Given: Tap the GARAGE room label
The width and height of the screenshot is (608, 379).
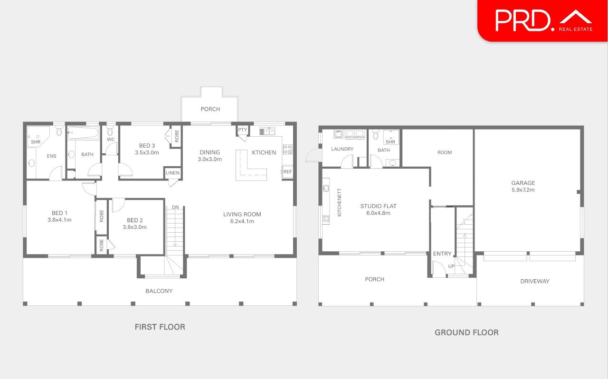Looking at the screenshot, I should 523,183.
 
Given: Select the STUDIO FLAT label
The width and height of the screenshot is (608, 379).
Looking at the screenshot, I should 378,206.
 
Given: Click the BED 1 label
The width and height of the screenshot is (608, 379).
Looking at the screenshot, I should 59,213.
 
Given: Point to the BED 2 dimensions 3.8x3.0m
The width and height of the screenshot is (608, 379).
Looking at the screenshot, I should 135,227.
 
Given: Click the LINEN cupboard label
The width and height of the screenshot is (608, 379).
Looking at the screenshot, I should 173,173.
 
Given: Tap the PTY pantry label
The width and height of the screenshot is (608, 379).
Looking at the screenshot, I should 242,130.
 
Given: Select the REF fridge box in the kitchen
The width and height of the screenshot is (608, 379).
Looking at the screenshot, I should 287,172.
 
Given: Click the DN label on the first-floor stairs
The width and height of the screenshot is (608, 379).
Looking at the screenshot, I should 175,207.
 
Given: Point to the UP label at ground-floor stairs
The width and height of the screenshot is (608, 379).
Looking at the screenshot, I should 451,266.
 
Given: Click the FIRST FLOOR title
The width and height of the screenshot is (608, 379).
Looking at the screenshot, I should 160,327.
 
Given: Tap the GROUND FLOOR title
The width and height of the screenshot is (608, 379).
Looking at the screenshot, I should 466,332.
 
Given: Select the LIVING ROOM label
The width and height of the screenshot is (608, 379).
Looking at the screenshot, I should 242,214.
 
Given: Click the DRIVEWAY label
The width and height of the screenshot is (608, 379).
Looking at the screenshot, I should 534,281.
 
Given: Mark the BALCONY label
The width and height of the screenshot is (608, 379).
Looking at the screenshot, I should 159,291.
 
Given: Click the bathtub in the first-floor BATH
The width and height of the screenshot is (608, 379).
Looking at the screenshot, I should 83,132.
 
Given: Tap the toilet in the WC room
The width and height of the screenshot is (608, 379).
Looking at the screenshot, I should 110,131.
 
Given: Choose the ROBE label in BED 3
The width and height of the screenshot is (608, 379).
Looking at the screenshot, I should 176,136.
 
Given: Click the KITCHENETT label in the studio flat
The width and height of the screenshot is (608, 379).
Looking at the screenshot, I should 339,203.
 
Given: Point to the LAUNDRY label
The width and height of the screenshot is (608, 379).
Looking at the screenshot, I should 342,149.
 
